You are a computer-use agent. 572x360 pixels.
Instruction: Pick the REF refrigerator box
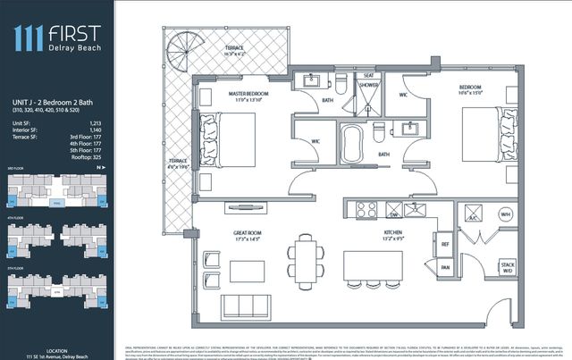pyautogui.click(x=444, y=244)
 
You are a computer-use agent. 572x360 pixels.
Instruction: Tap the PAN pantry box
pyautogui.click(x=444, y=267)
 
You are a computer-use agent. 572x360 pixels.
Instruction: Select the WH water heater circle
pyautogui.click(x=505, y=214)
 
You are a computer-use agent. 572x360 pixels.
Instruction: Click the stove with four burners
pyautogui.click(x=366, y=211)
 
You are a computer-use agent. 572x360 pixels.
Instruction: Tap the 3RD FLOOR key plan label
pyautogui.click(x=16, y=167)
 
